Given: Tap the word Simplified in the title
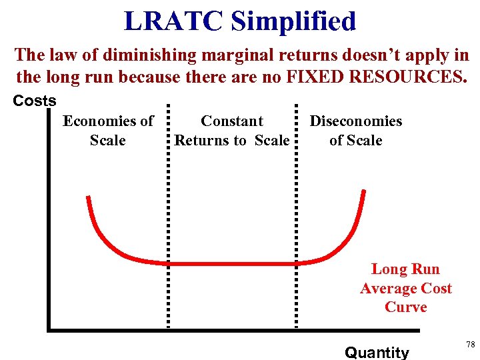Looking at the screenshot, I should (294, 21).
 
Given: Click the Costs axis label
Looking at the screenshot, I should (35, 101).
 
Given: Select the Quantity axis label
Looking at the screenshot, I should (377, 352).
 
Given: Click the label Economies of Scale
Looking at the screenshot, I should (108, 131).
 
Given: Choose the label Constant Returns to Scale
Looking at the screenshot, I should (232, 131).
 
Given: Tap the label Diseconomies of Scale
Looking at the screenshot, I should (355, 131).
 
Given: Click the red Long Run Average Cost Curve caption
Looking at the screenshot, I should (405, 288).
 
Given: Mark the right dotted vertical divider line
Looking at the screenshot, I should (295, 213).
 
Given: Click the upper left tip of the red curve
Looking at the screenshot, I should (88, 197).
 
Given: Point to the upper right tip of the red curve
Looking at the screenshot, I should (364, 192).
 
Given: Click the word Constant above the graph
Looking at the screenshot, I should (232, 121).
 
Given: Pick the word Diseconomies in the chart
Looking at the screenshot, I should (355, 121).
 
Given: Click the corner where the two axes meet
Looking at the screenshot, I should (49, 328).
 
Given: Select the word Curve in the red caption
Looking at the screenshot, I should (405, 307).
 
